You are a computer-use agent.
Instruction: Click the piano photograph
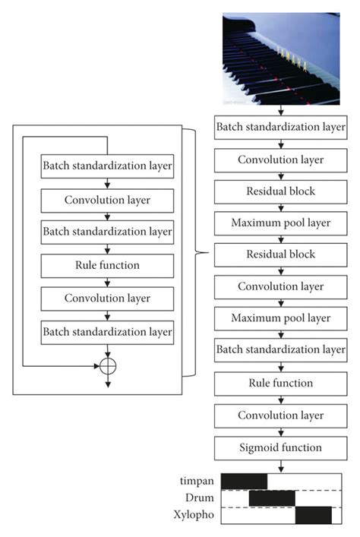281,58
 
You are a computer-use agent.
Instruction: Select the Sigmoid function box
280,447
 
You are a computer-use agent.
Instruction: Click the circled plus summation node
108,365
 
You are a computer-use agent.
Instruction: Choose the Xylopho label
195,516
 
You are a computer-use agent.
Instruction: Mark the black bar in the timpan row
244,481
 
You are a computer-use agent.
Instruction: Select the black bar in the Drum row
272,498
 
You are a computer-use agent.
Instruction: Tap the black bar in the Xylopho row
313,516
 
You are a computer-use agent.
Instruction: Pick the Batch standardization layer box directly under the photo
280,128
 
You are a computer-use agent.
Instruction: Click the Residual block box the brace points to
280,254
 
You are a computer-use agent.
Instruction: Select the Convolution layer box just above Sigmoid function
280,415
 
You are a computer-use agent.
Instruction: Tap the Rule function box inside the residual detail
108,265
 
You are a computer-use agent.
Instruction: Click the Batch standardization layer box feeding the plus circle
108,330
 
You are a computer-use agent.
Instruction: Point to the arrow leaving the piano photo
280,111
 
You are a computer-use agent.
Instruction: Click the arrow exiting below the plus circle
108,381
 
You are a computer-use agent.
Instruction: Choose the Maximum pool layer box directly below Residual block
280,223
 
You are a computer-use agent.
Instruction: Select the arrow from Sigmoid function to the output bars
280,465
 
